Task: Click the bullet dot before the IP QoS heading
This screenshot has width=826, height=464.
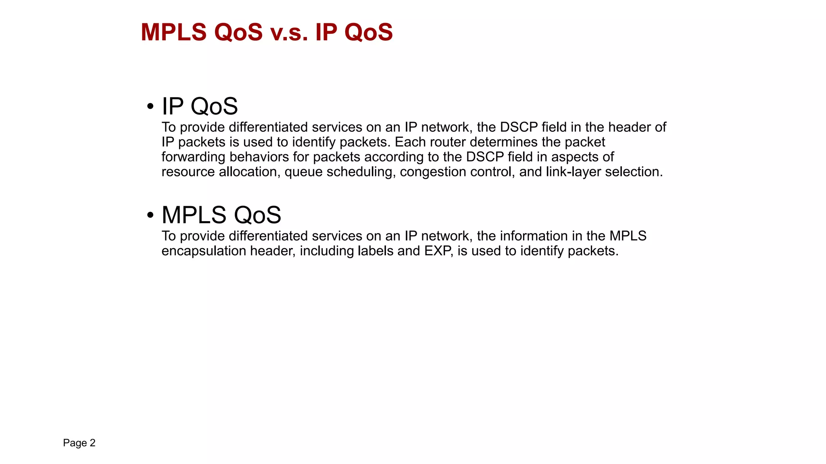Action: [x=150, y=107]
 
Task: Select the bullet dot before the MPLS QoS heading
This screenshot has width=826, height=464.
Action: [x=150, y=215]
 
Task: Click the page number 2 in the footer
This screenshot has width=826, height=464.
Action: [x=92, y=443]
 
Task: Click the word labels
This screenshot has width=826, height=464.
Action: [x=375, y=251]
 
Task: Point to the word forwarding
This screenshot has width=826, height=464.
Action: [x=193, y=157]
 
